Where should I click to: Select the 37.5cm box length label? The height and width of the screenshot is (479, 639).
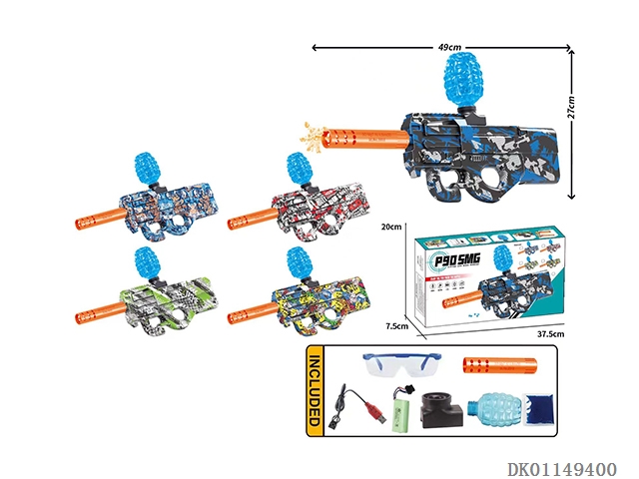tap(548, 336)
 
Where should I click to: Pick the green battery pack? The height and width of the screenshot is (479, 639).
tap(404, 411)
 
